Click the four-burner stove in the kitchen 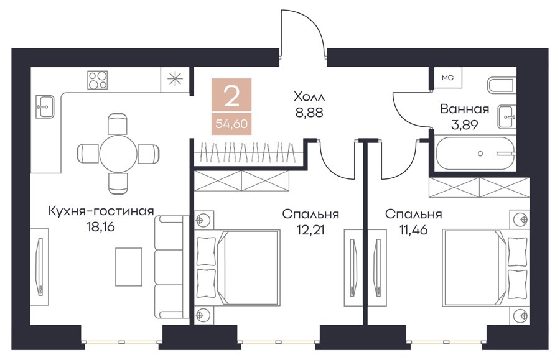(98, 80)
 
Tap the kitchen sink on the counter (45, 106)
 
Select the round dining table (118, 154)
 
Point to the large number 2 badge (231, 96)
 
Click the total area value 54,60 (231, 124)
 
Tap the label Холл (309, 96)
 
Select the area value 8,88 (309, 113)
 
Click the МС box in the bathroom (447, 78)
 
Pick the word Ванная (464, 108)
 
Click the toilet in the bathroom (502, 86)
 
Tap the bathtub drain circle (480, 154)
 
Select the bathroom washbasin (507, 117)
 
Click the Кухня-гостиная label (101, 211)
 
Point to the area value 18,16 (101, 227)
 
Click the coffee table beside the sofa (129, 267)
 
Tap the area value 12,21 (310, 230)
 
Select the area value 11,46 (413, 230)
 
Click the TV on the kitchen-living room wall (40, 266)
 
